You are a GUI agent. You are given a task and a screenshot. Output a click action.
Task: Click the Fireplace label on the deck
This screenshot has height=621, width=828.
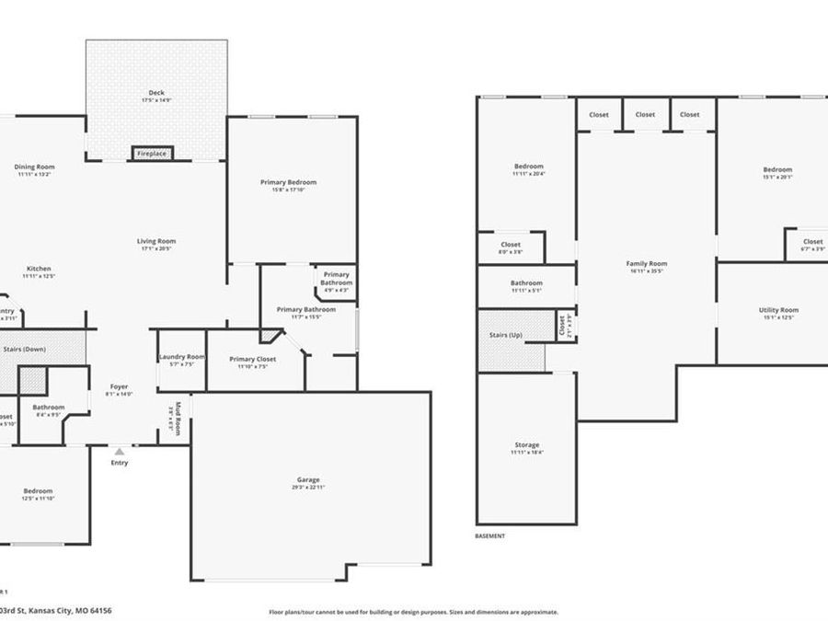pyautogui.click(x=152, y=154)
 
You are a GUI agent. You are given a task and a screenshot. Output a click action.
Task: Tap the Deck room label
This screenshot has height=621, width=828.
pyautogui.click(x=156, y=92)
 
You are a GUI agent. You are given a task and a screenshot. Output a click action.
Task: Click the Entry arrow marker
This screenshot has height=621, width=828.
pyautogui.click(x=120, y=452)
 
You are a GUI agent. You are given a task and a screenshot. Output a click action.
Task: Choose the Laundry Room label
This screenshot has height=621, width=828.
pyautogui.click(x=181, y=356)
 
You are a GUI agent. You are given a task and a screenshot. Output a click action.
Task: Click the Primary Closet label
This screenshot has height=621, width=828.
pyautogui.click(x=253, y=359)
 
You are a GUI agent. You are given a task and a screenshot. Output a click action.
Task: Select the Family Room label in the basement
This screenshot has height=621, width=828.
pyautogui.click(x=646, y=264)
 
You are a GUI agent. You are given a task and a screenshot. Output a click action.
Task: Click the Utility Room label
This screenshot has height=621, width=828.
pyautogui.click(x=778, y=310)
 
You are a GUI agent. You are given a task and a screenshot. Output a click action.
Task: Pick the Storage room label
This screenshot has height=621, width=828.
pyautogui.click(x=527, y=444)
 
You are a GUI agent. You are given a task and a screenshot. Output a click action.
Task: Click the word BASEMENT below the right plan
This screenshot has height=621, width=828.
pyautogui.click(x=489, y=535)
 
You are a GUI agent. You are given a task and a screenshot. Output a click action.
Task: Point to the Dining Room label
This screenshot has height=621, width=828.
pyautogui.click(x=36, y=167)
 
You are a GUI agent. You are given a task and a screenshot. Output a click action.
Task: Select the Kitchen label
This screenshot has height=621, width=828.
pyautogui.click(x=38, y=269)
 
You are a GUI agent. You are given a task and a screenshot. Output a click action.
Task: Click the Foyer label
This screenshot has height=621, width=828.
pyautogui.click(x=120, y=386)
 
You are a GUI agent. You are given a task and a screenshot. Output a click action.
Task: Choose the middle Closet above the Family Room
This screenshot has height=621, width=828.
pyautogui.click(x=645, y=115)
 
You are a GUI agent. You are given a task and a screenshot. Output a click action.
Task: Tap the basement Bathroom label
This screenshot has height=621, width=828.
pyautogui.click(x=526, y=283)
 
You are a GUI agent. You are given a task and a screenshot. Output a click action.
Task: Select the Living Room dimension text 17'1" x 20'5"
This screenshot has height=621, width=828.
pyautogui.click(x=156, y=248)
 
